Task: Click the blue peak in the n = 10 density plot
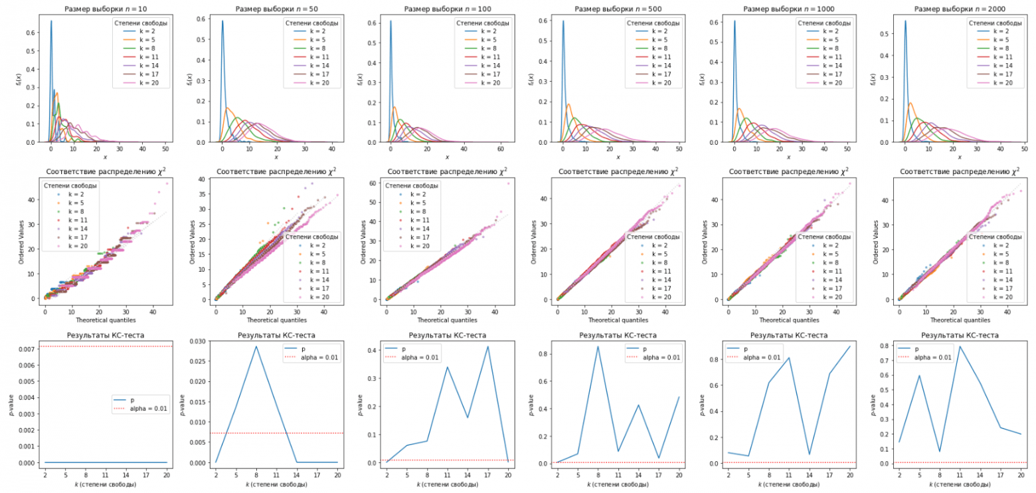[x=51, y=21]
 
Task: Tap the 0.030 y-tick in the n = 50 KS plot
[x=199, y=341]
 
